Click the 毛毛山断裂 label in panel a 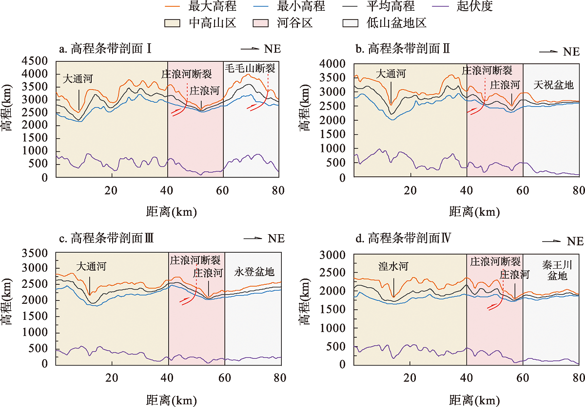tap(250, 68)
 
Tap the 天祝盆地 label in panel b tap(553, 84)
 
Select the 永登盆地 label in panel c tap(254, 272)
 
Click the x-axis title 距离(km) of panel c tap(171, 400)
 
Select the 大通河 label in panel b tap(391, 74)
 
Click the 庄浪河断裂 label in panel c tap(194, 260)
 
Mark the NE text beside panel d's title tap(575, 241)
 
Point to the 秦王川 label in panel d tap(557, 265)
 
